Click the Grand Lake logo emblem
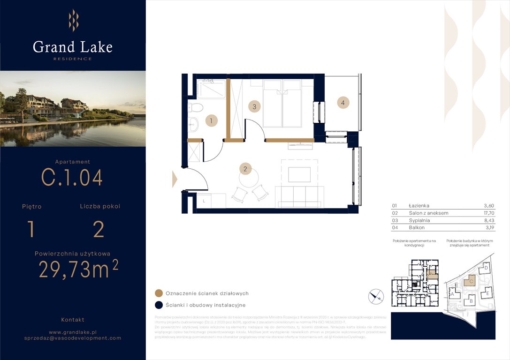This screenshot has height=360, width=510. (x=73, y=21)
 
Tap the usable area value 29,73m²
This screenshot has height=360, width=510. (x=78, y=270)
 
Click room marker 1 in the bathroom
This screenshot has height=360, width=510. (x=211, y=121)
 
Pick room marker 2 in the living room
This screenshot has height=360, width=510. (x=244, y=168)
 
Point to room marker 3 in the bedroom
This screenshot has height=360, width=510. (x=254, y=106)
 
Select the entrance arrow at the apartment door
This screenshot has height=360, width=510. (x=175, y=179)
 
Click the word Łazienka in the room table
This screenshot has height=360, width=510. (x=419, y=205)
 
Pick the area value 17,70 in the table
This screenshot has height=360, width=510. (x=488, y=213)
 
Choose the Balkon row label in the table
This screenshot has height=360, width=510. (x=417, y=227)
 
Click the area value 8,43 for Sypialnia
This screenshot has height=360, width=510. (x=489, y=220)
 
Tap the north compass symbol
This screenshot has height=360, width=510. (x=376, y=296)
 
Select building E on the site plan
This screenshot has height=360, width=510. (x=487, y=293)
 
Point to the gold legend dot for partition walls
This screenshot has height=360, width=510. (x=159, y=293)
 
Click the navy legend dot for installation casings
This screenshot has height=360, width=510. (x=159, y=305)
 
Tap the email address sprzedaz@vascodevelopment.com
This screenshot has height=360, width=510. (x=73, y=338)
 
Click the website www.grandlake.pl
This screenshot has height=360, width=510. (x=73, y=331)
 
